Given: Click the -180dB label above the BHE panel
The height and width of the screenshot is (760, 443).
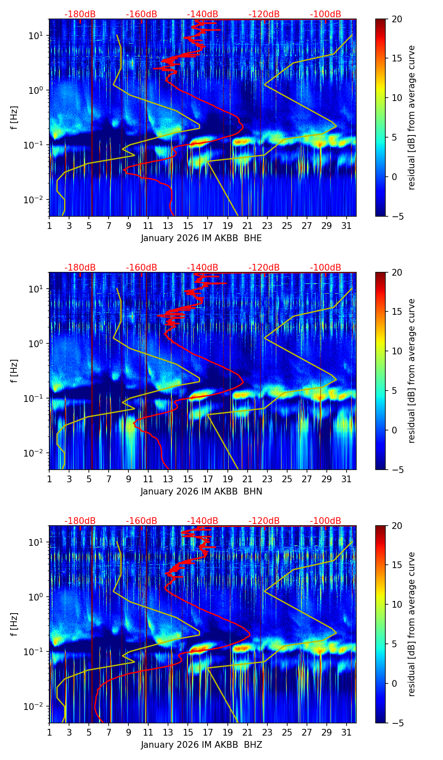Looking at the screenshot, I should [x=80, y=14].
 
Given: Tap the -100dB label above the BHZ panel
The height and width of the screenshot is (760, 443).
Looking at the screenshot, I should [x=326, y=521].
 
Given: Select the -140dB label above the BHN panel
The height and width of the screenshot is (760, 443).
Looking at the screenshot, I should [x=203, y=268].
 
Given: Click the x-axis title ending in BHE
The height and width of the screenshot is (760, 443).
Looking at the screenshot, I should [x=201, y=238].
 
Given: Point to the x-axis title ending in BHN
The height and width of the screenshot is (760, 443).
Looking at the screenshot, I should [x=201, y=492].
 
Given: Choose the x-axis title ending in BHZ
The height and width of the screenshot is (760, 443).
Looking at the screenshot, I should [x=201, y=745].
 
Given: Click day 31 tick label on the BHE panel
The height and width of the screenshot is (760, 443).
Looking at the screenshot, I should [x=347, y=226].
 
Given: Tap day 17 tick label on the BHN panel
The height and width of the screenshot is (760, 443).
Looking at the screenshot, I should [x=208, y=479].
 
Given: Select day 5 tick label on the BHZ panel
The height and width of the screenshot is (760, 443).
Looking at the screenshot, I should [x=89, y=732].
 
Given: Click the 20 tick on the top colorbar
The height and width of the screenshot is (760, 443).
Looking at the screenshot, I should [x=397, y=19].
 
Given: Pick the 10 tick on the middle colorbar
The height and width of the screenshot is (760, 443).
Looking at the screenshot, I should [x=397, y=351].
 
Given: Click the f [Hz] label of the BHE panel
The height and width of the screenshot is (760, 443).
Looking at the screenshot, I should [x=14, y=118].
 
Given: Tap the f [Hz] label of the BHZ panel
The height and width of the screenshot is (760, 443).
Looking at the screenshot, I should [x=14, y=624].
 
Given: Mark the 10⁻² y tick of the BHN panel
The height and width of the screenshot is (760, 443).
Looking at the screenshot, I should [x=37, y=453].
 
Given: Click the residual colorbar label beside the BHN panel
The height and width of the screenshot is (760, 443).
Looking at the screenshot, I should [x=412, y=371].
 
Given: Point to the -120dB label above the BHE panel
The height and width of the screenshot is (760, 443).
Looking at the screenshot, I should [x=264, y=14].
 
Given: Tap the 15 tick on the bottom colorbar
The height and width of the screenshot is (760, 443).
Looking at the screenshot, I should [x=397, y=565].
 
